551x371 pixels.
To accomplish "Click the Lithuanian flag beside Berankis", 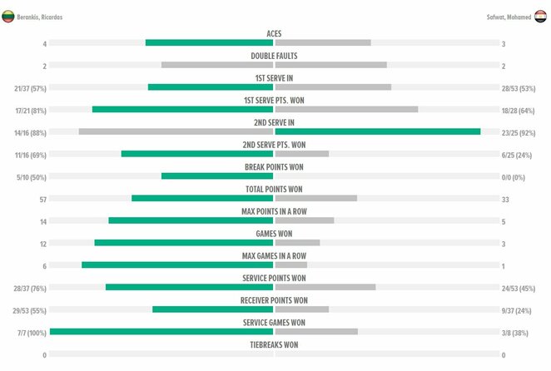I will click(x=7, y=16).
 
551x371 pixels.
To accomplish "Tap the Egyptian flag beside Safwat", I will click(x=542, y=16).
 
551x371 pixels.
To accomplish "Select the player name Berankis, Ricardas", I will click(x=39, y=17).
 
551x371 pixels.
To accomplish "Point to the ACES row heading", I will click(x=274, y=33).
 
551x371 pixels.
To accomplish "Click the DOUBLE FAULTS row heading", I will click(x=274, y=56).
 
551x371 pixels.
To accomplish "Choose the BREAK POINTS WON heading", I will click(x=274, y=166).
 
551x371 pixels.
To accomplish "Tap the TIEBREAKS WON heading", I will click(x=274, y=344).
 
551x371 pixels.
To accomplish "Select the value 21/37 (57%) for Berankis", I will click(x=30, y=87).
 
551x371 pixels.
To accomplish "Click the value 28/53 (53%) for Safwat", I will click(x=518, y=87).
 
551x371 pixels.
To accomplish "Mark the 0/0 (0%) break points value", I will click(x=513, y=177).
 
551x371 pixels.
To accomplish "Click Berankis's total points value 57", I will click(x=42, y=199).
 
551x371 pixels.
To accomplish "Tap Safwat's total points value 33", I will click(x=505, y=199).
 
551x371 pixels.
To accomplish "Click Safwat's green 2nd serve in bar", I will click(x=378, y=131).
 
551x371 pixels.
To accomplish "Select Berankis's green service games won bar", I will click(x=161, y=331).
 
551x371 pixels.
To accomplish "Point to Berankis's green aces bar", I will click(x=209, y=42).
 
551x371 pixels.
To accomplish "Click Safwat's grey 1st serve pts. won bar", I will click(x=346, y=109).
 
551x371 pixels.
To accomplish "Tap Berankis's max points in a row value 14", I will click(x=42, y=221).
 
